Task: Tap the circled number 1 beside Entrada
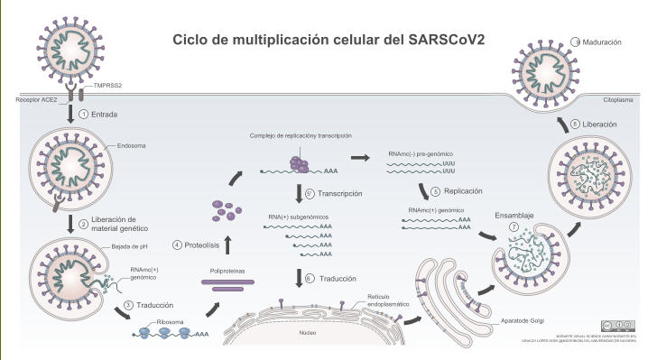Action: tap(83, 115)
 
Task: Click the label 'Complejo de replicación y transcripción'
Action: tap(301, 135)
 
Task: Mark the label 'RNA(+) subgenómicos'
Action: tap(301, 217)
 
